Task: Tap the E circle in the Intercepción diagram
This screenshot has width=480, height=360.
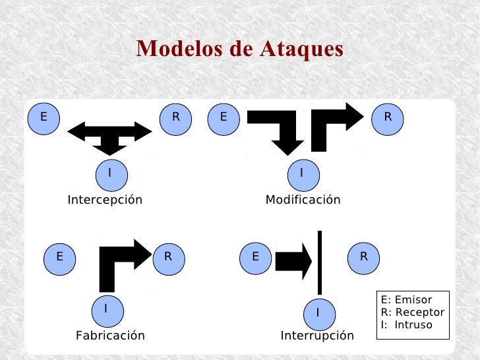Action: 44,118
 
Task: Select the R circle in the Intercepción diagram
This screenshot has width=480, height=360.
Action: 176,118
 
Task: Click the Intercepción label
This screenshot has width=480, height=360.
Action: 105,200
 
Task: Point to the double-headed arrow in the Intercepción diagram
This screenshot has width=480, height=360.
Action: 109,131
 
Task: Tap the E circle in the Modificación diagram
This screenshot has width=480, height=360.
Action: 224,118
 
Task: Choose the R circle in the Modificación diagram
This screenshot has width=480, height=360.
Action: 388,118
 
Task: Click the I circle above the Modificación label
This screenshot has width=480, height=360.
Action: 302,173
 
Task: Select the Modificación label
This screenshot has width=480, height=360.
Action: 303,200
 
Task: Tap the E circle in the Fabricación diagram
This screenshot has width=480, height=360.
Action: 60,256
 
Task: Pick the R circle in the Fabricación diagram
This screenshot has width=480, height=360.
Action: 169,256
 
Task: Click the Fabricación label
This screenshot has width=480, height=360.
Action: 110,336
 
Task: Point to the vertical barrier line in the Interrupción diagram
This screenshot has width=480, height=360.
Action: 320,262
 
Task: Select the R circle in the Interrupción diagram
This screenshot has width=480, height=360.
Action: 363,256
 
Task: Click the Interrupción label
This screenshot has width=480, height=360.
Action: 317,336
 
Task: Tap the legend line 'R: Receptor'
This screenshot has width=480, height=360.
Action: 413,313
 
